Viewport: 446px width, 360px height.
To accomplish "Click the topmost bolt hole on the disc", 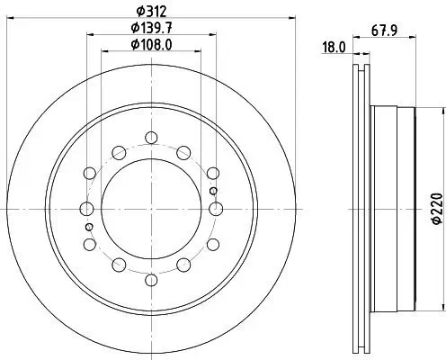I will pos(151,137).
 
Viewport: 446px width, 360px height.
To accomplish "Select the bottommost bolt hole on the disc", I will pos(151,279).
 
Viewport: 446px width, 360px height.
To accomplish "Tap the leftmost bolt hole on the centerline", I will pos(87,208).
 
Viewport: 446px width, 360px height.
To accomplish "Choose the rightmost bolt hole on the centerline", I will pos(216,208).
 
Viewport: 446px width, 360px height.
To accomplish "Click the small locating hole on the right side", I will pos(212,191).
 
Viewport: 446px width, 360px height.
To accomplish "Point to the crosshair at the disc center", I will pos(151,208).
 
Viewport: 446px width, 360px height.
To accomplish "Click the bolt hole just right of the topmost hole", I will pos(183,151).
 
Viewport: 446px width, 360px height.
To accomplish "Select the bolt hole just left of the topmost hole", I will pos(119,151).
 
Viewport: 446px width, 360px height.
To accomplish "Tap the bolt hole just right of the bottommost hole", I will pos(183,265).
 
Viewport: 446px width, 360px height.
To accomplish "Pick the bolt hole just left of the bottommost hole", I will pos(119,265).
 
